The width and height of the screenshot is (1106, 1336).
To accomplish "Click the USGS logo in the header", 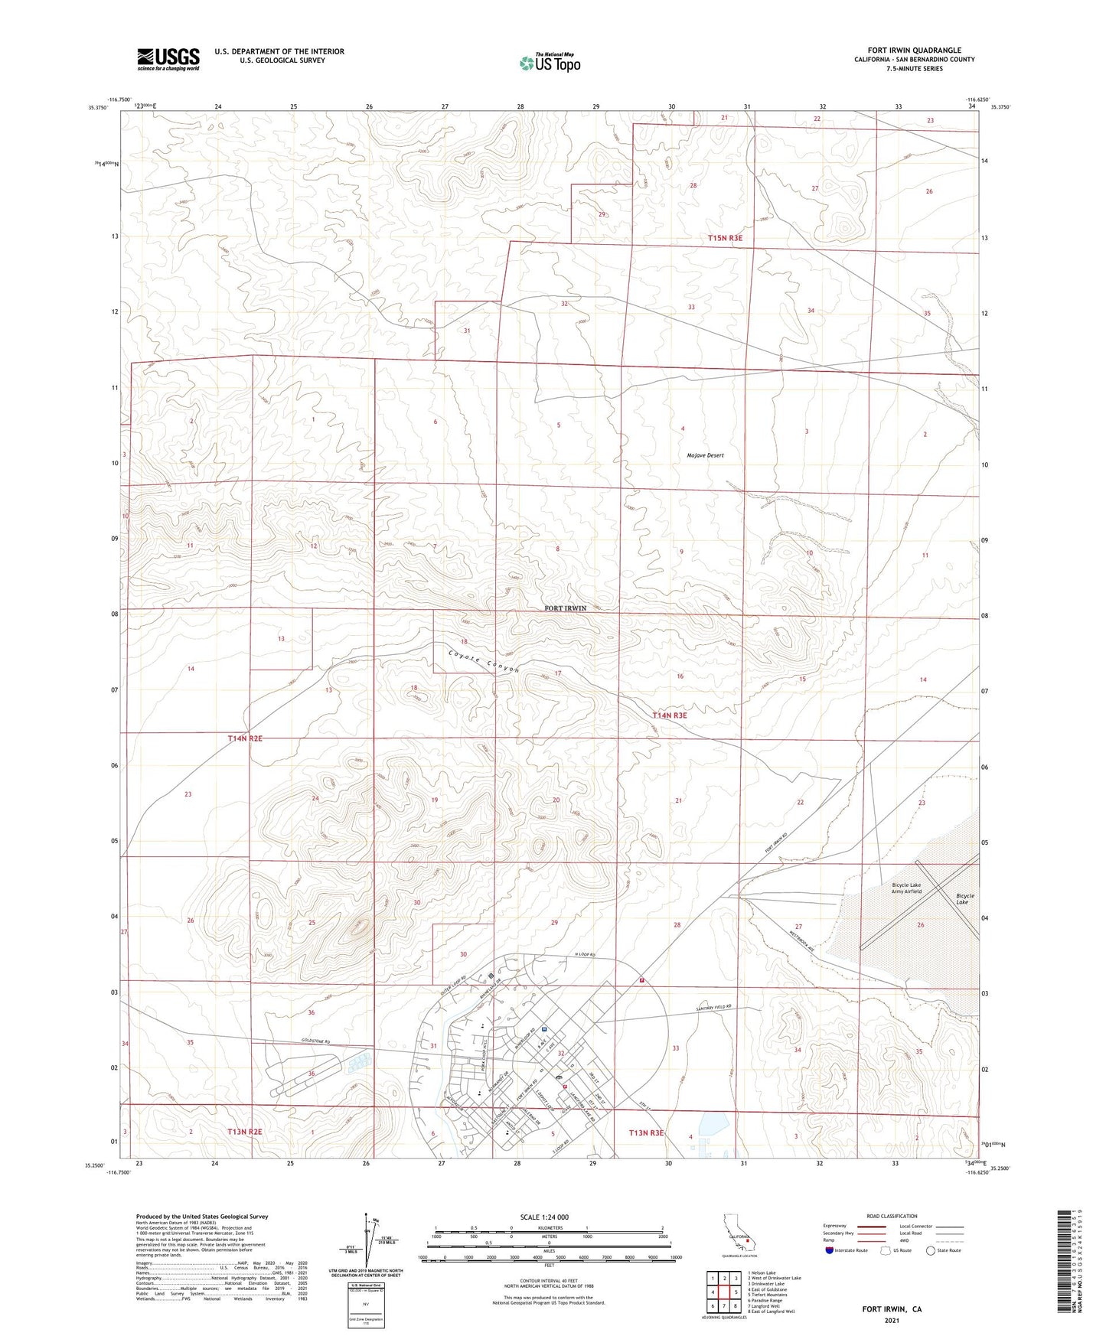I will (x=168, y=58).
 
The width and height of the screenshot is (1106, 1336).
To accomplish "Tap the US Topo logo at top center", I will (x=550, y=63).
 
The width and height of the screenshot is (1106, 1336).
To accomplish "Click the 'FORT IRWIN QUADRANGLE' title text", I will (x=914, y=51).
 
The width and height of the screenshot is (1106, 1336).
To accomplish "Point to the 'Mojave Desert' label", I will (x=705, y=455).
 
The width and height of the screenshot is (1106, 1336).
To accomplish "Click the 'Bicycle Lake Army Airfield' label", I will (x=906, y=888).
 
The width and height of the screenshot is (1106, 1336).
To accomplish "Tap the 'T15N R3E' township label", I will (x=725, y=238).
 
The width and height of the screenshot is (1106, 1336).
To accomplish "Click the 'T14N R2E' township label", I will (x=245, y=738).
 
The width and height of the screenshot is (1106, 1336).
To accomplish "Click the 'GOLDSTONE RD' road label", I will (x=315, y=1041).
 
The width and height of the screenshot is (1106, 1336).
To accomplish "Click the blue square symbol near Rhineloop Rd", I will (x=543, y=1028).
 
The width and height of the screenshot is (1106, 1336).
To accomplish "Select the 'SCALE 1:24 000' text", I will (x=544, y=1217).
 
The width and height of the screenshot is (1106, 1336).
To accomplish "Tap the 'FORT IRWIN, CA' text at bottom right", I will (x=892, y=1309).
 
